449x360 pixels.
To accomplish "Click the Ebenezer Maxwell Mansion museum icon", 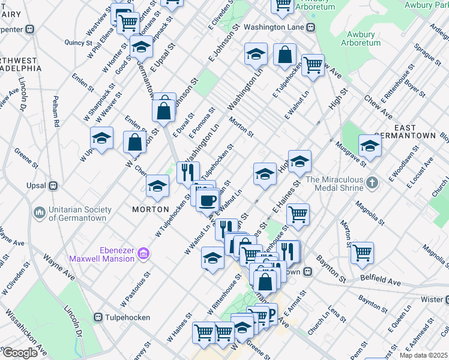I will pos(143,254).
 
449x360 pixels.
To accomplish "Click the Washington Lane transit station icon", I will pos(311,28).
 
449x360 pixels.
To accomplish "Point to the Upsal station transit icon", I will pos(52,186).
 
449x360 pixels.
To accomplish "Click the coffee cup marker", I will pos(208,200).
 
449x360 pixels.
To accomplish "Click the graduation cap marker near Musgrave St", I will pos(370,146).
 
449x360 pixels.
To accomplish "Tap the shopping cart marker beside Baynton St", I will pos(362,252).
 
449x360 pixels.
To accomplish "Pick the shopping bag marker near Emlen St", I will pos(135,142).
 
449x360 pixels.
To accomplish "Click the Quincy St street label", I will pos(79,43).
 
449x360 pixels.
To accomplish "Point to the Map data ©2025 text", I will pos(423,355).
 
